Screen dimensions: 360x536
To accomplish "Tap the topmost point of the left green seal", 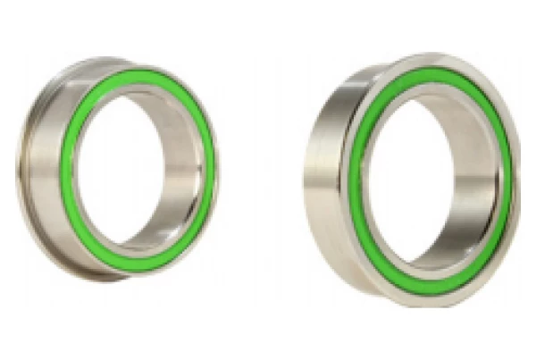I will point(147,73).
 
